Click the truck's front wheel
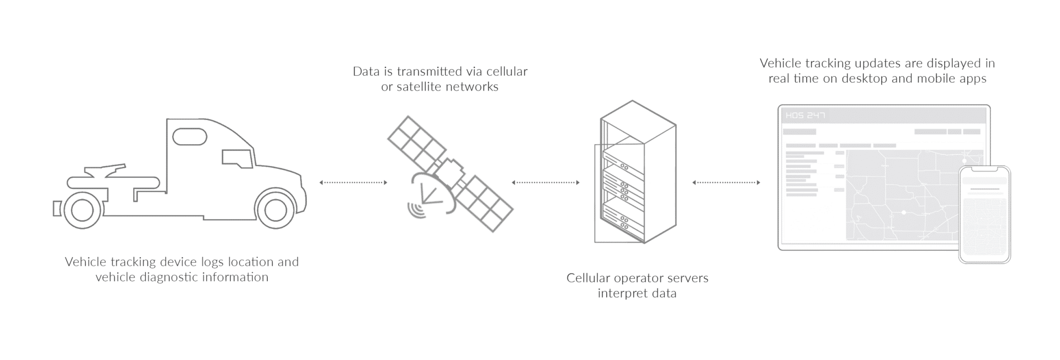click(x=275, y=209)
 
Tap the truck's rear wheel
click(x=83, y=209)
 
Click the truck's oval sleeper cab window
click(x=189, y=136)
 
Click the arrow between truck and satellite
click(x=353, y=182)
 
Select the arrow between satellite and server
click(x=545, y=182)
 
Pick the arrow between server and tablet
click(x=726, y=182)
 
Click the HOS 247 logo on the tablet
click(x=805, y=115)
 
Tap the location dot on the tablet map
click(x=904, y=212)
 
